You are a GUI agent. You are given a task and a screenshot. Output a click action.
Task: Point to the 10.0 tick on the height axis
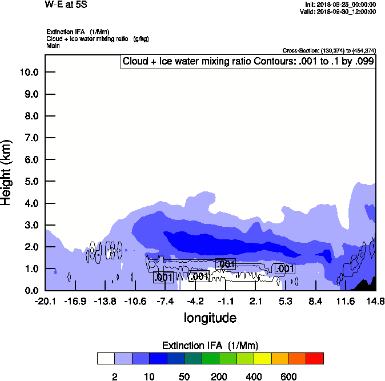tap(29, 73)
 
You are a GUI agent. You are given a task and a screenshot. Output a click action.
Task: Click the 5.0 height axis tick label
tap(29, 182)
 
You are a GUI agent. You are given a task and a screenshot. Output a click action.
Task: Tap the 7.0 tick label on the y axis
tap(29, 138)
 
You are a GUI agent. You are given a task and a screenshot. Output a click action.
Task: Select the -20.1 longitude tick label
tap(45, 301)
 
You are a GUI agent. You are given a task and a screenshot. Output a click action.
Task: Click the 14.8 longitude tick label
tap(375, 301)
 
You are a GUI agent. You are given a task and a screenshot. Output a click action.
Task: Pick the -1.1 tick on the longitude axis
tap(226, 301)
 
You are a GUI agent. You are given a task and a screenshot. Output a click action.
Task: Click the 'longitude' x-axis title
tap(210, 318)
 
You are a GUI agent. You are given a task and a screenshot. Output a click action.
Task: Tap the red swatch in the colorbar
tap(315, 358)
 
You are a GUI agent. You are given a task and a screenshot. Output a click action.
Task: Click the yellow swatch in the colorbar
tap(262, 358)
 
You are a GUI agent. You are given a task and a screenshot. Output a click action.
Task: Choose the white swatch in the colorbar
tap(106, 358)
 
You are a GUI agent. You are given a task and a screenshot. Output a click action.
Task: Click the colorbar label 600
tap(288, 376)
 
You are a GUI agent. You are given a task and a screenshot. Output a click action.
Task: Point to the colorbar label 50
tap(185, 376)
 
